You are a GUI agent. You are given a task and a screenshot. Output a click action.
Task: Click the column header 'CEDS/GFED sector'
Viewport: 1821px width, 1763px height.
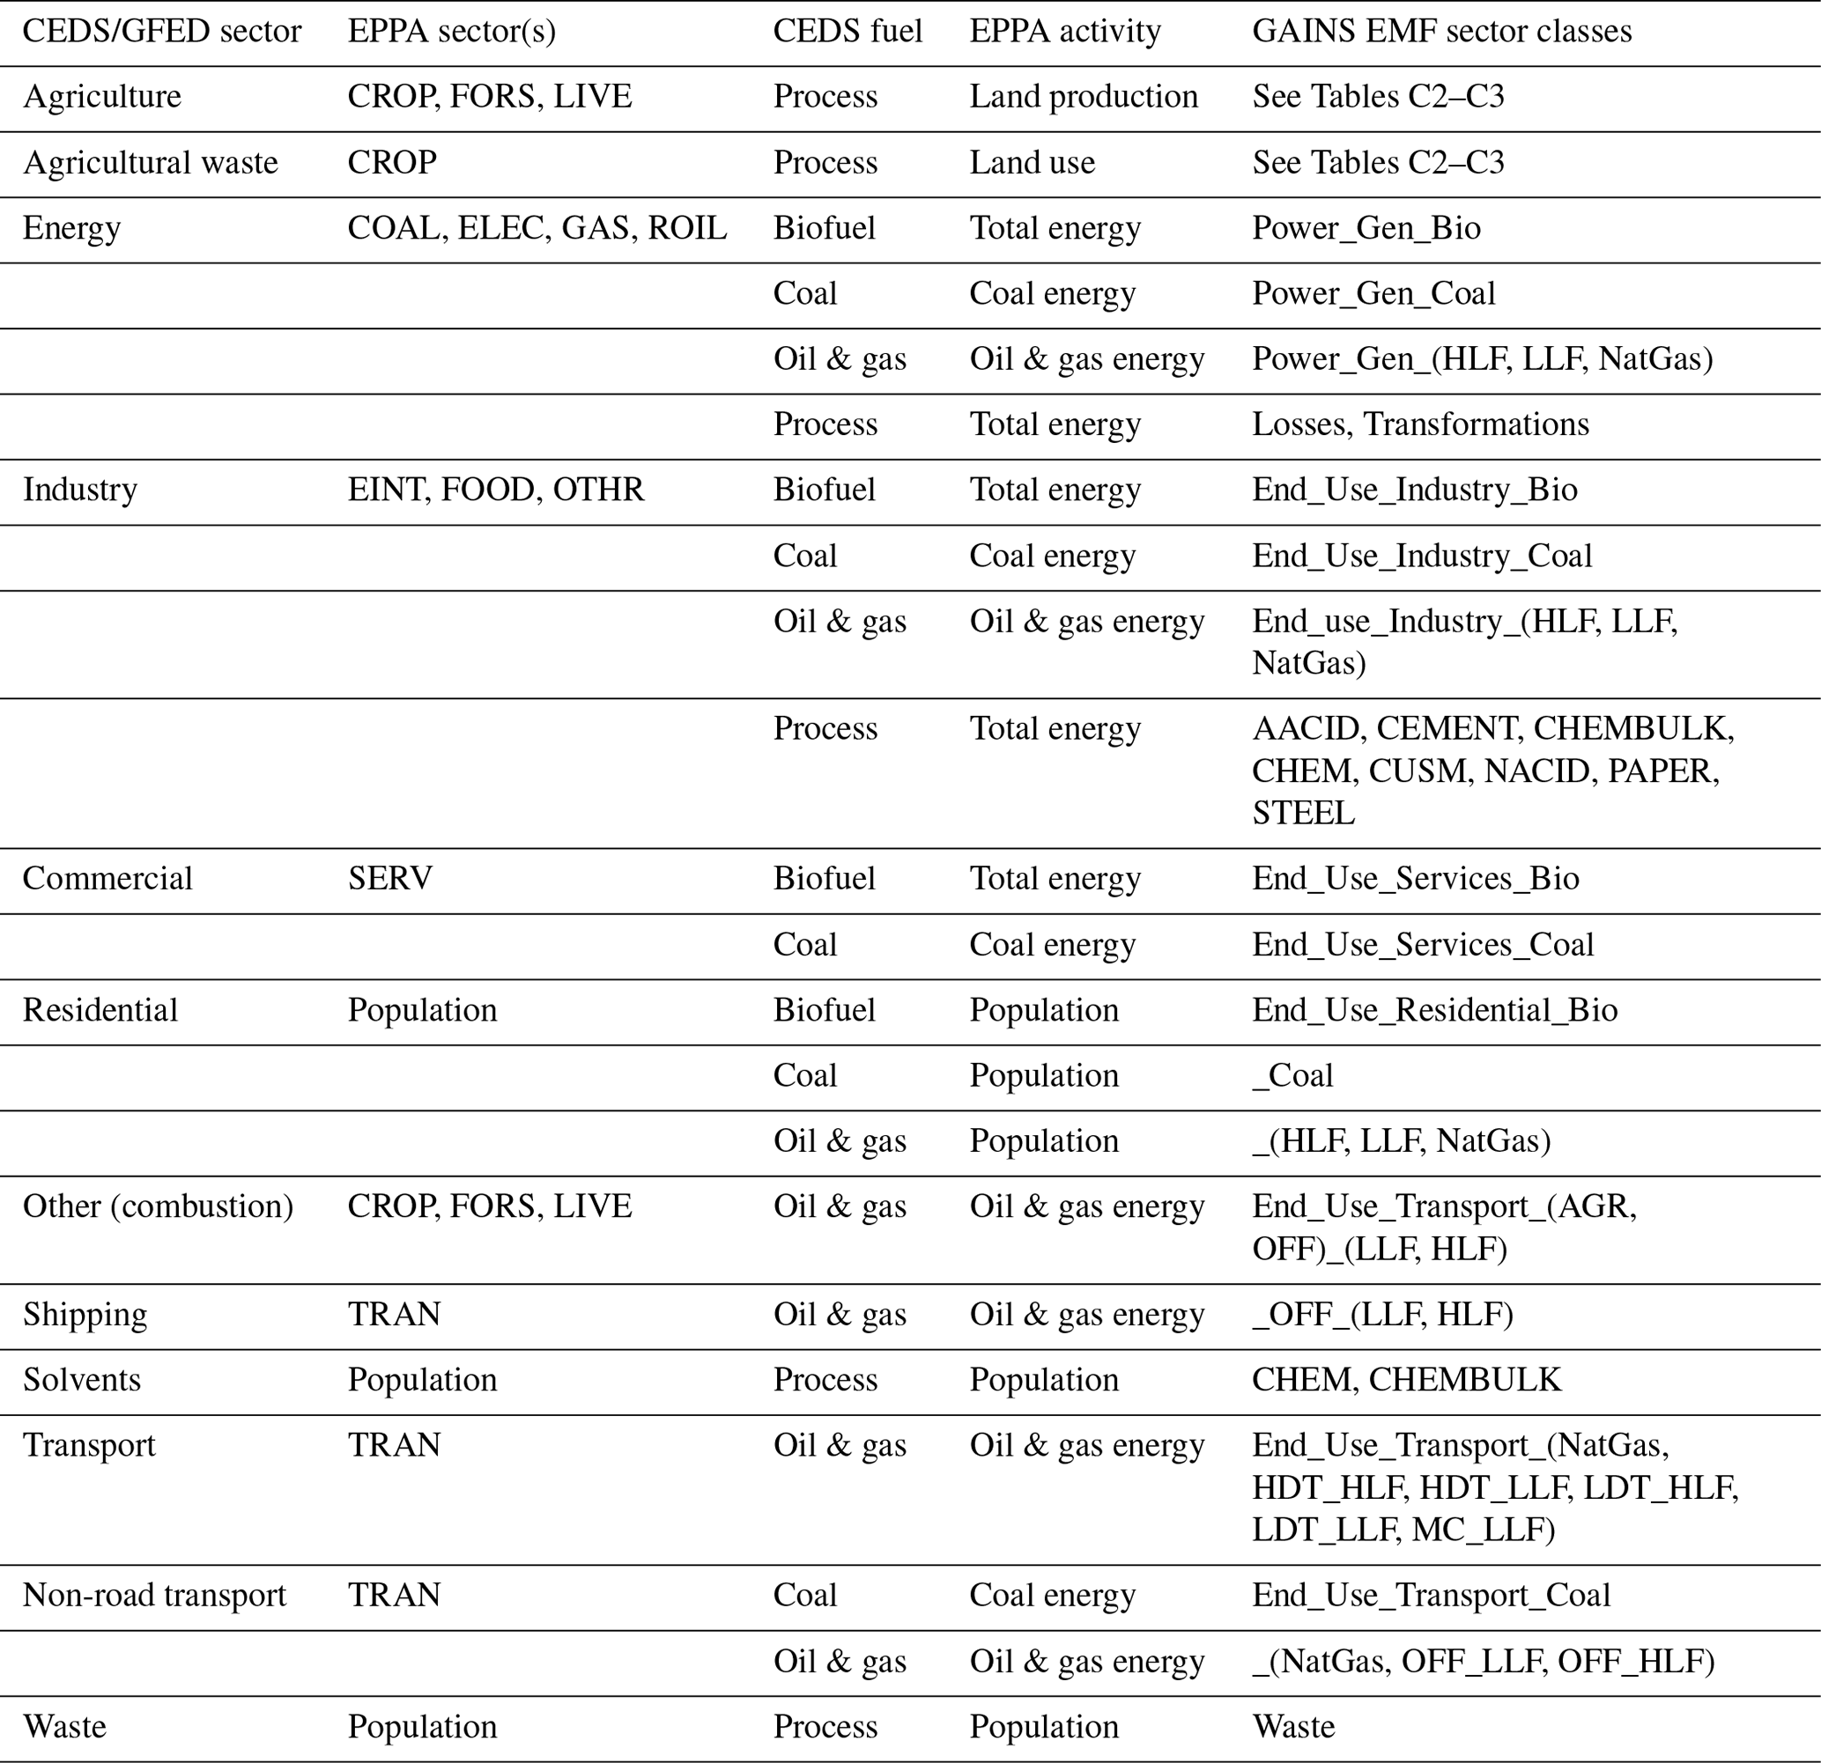(x=161, y=31)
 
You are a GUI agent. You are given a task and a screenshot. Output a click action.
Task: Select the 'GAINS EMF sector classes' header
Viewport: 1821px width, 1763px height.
(x=1441, y=31)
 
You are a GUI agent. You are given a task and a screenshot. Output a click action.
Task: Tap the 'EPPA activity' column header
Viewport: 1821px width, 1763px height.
(x=1065, y=31)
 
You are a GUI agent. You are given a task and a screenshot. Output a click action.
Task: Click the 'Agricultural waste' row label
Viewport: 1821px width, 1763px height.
(x=150, y=163)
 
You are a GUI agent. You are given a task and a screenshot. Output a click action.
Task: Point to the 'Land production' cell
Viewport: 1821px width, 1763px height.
(x=1084, y=97)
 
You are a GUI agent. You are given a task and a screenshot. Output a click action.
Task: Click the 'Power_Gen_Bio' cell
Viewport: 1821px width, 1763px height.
(x=1366, y=227)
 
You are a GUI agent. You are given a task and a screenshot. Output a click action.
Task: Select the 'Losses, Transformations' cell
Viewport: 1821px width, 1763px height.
(x=1419, y=424)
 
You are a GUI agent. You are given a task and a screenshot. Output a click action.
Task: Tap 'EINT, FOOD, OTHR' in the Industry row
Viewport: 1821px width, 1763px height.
(x=495, y=490)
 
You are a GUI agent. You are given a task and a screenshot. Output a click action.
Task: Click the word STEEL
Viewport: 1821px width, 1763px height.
(x=1303, y=813)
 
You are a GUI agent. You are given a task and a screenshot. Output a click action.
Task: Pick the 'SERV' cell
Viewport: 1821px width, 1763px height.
(x=389, y=878)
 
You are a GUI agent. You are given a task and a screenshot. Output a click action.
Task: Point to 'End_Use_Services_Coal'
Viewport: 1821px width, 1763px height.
(x=1423, y=944)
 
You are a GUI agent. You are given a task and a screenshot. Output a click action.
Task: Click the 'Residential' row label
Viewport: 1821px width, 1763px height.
(x=100, y=1010)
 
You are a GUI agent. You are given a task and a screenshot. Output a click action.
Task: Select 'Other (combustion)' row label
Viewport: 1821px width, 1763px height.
(x=157, y=1206)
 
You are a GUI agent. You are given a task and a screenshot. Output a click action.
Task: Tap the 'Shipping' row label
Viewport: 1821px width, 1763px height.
(x=85, y=1315)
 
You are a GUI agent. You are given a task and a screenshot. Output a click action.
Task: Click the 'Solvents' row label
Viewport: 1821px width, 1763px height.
(x=82, y=1379)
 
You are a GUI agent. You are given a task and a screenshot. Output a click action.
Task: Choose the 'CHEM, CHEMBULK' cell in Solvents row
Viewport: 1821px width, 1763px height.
(x=1406, y=1379)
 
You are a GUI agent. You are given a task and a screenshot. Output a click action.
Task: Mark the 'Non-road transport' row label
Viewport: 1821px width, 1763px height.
(x=154, y=1595)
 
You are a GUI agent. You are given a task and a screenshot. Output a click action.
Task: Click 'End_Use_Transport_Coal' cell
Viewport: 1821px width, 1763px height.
(x=1430, y=1595)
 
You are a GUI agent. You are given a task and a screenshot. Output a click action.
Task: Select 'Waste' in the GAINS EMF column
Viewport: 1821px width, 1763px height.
(x=1292, y=1727)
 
